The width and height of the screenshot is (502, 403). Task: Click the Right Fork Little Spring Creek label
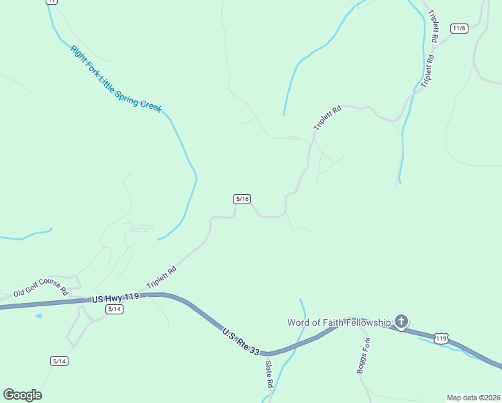(x=116, y=79)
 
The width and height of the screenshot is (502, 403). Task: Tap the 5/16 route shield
(x=242, y=199)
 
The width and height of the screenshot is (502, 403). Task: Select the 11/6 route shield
(x=459, y=28)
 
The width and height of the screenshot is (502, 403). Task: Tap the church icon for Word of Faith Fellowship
(x=401, y=322)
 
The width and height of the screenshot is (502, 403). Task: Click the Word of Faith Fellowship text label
(x=339, y=322)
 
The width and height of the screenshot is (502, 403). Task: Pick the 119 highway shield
(x=440, y=339)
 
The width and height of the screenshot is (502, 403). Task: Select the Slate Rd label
(x=268, y=375)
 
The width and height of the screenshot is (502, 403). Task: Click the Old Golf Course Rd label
(x=41, y=287)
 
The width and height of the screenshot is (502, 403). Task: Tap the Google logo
(x=22, y=395)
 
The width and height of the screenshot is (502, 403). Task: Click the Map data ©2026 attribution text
(x=473, y=397)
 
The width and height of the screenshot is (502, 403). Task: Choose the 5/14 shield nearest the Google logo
(x=60, y=361)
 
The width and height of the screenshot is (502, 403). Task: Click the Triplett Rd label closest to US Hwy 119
(x=162, y=278)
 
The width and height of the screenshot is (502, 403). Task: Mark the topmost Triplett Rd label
(x=434, y=27)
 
